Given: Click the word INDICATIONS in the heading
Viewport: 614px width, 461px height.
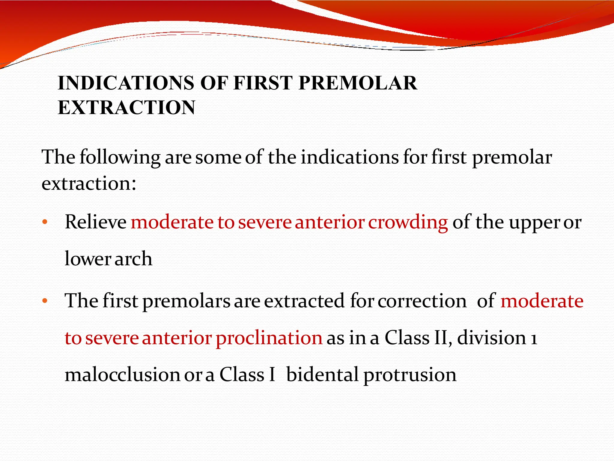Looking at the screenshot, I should (x=126, y=83).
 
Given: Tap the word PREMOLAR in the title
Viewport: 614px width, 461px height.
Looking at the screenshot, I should (x=357, y=83).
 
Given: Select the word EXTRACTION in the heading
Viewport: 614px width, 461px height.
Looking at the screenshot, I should (x=126, y=107).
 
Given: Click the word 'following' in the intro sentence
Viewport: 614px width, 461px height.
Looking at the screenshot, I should (x=120, y=158).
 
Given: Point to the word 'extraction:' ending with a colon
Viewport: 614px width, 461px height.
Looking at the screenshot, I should (x=89, y=183).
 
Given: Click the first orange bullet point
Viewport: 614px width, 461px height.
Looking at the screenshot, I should (x=45, y=222).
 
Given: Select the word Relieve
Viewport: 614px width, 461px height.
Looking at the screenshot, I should (x=96, y=222).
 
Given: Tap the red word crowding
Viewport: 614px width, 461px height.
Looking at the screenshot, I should (x=408, y=223).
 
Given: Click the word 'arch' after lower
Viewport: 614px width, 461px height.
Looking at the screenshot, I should (x=133, y=259).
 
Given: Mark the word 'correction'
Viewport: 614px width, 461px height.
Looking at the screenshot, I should (x=422, y=301).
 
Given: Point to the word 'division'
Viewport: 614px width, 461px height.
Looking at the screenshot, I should (x=492, y=338).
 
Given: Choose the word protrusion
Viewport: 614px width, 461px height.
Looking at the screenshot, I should (x=410, y=375).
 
